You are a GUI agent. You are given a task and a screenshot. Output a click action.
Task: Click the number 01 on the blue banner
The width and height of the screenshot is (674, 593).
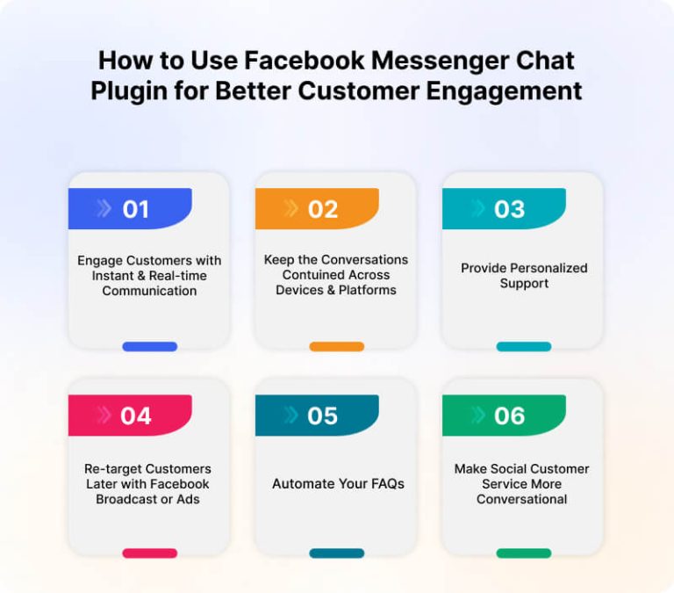tap(136, 209)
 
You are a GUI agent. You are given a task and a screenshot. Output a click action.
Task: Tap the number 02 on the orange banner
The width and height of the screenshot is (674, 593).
tap(323, 209)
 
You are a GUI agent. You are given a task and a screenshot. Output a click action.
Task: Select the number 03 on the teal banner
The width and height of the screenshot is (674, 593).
tap(510, 209)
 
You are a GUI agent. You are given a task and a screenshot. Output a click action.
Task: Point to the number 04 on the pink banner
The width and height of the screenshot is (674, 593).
tap(136, 416)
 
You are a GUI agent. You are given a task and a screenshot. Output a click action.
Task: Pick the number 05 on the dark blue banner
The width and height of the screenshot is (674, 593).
tap(323, 416)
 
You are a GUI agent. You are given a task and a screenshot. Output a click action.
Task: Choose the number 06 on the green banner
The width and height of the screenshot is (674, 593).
tap(510, 416)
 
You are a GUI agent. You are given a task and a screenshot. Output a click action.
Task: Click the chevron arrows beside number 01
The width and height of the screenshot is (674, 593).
tap(104, 209)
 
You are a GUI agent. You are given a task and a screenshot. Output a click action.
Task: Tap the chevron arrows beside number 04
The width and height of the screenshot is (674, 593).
tap(104, 416)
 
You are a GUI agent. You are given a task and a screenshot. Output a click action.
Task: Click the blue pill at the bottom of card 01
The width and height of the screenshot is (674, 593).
tap(149, 346)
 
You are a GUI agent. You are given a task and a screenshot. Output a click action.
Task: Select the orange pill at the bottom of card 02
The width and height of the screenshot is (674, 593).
tap(336, 346)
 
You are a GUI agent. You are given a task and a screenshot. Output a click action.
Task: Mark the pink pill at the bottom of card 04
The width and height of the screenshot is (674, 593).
tap(149, 553)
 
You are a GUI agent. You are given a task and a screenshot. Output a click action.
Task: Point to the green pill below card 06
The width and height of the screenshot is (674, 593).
tap(524, 553)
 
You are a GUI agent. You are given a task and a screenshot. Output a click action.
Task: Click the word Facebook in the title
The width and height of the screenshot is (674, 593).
tap(305, 61)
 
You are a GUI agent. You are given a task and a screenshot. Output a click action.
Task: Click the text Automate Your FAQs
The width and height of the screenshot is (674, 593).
tap(338, 484)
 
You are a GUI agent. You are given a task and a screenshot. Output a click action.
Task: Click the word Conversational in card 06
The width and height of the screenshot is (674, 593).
tap(522, 499)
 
